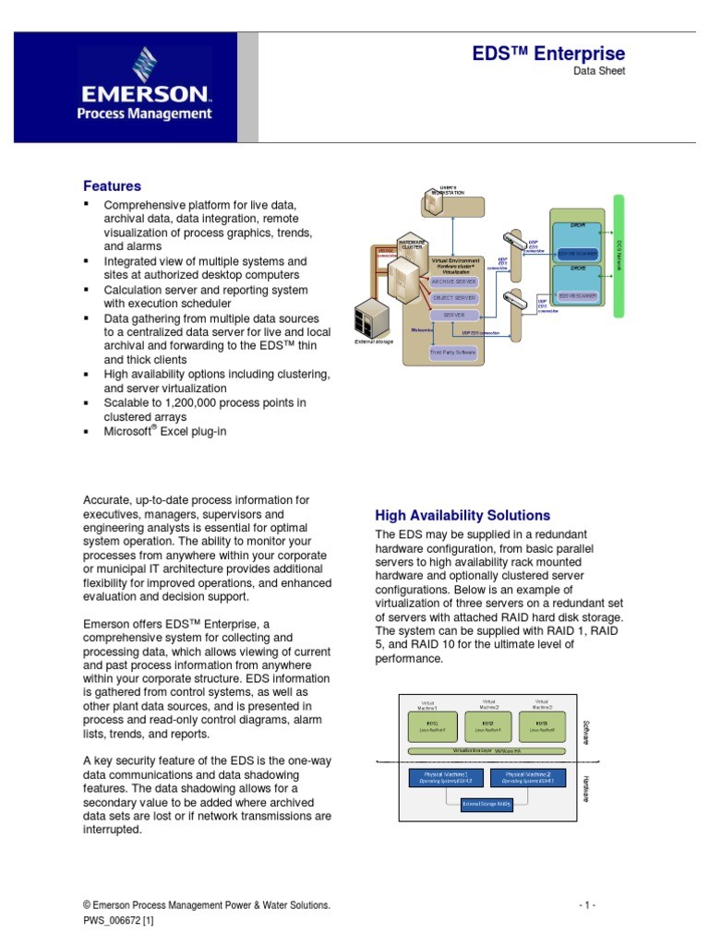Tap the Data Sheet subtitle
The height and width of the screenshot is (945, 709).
point(600,72)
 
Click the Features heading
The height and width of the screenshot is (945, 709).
point(112,185)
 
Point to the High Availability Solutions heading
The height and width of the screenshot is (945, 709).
point(462,515)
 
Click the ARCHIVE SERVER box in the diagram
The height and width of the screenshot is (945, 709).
point(454,281)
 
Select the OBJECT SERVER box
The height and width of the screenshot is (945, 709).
point(454,298)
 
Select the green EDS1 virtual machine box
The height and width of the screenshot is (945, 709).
point(434,726)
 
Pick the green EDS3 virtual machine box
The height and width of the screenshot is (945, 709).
point(541,726)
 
